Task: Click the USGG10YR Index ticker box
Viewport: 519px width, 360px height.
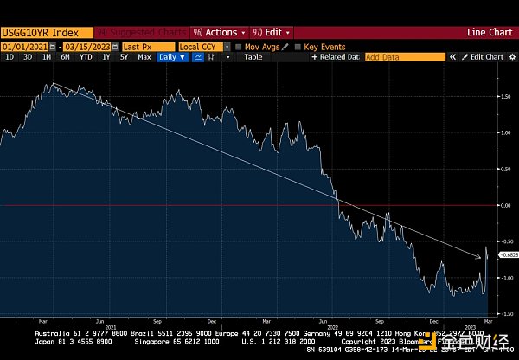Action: [x=33, y=32]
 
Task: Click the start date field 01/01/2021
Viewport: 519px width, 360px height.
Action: [x=23, y=46]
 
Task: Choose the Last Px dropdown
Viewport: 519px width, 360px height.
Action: [x=146, y=46]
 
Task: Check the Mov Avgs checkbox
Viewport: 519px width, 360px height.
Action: [x=239, y=46]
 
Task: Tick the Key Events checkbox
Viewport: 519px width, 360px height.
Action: [x=298, y=46]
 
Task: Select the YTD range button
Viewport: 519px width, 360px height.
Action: [x=86, y=57]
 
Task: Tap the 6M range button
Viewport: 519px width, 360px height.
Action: [x=66, y=57]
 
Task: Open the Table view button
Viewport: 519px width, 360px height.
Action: [x=253, y=57]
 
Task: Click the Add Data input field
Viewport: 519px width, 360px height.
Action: [x=403, y=57]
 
